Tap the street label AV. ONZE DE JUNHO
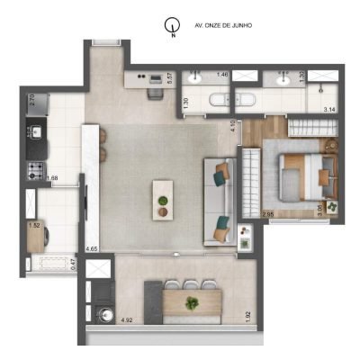pyautogui.click(x=223, y=26)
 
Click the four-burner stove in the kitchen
pyautogui.click(x=37, y=168)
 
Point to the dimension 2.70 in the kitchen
pyautogui.click(x=31, y=100)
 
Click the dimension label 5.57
pyautogui.click(x=171, y=80)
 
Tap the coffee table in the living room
pyautogui.click(x=163, y=198)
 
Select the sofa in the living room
pyautogui.click(x=219, y=201)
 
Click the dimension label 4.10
pyautogui.click(x=232, y=127)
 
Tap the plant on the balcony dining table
pyautogui.click(x=191, y=303)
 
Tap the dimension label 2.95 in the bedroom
pyautogui.click(x=266, y=214)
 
